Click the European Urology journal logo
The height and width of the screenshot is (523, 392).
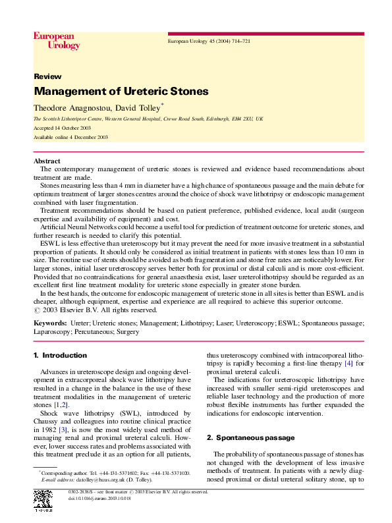tap(57, 41)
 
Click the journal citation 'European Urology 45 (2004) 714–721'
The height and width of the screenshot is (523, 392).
tap(209, 41)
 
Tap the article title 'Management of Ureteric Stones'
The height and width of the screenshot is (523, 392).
tap(121, 91)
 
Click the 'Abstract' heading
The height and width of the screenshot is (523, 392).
tap(47, 161)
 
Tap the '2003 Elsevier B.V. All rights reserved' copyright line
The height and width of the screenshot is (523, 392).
tap(103, 310)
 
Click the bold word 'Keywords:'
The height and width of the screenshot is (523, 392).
tap(50, 324)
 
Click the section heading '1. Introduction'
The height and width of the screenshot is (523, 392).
tap(60, 356)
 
